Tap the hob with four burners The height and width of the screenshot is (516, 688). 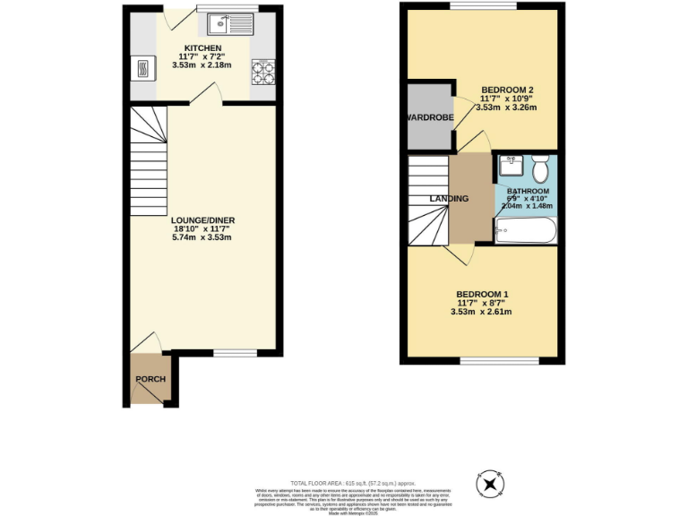click(262, 71)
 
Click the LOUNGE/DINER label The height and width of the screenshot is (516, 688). click(202, 219)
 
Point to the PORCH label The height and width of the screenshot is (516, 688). click(150, 379)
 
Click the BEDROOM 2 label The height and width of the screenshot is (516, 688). click(508, 90)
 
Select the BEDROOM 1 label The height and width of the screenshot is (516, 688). click(482, 294)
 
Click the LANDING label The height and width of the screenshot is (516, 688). click(449, 198)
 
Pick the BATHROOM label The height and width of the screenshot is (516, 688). click(528, 191)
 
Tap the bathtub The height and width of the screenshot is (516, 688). click(526, 230)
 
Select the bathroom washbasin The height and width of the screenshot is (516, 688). click(512, 164)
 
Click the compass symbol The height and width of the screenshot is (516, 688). click(491, 485)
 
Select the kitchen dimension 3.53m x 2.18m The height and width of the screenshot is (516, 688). click(202, 66)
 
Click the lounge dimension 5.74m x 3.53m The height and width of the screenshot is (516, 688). click(202, 237)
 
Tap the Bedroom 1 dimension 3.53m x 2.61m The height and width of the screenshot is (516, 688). click(482, 313)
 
